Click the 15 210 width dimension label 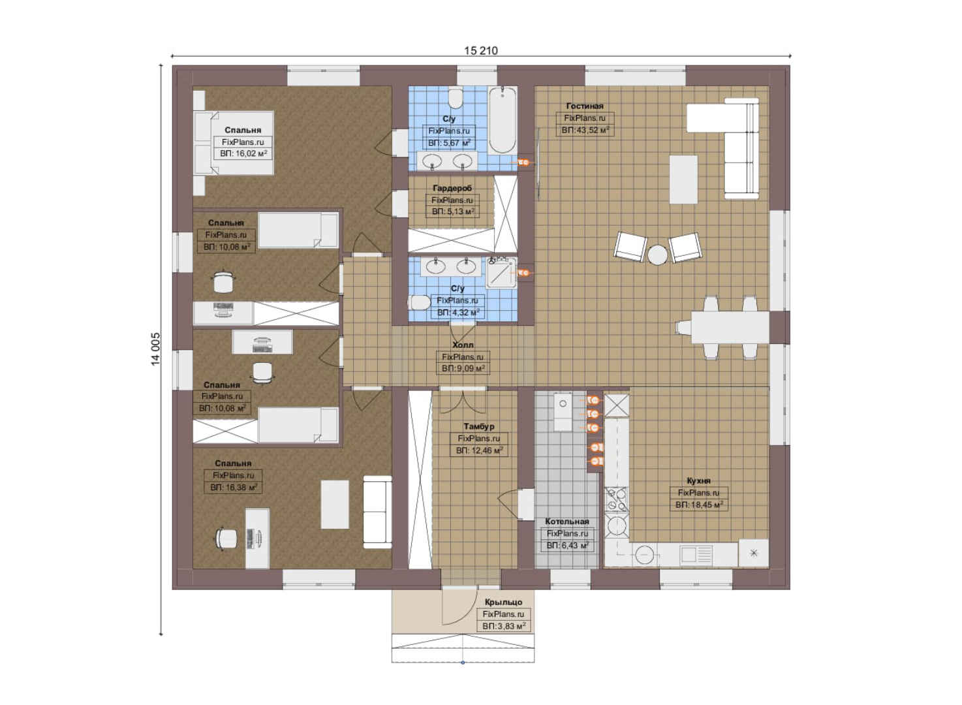click(x=481, y=51)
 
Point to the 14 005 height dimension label click(x=155, y=349)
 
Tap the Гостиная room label click(x=585, y=106)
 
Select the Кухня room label click(x=698, y=480)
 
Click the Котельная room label click(x=567, y=521)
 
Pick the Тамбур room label click(x=479, y=427)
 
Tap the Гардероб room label click(x=452, y=188)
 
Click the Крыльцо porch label click(x=503, y=602)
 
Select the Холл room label click(x=463, y=345)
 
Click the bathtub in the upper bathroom click(x=503, y=119)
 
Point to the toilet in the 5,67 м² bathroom click(x=455, y=99)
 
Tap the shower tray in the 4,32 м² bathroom click(x=501, y=273)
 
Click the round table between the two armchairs click(x=657, y=255)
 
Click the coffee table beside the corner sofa click(x=683, y=180)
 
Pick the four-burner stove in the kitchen click(x=617, y=499)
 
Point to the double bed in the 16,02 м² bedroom click(x=234, y=143)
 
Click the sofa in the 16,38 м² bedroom click(x=377, y=512)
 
